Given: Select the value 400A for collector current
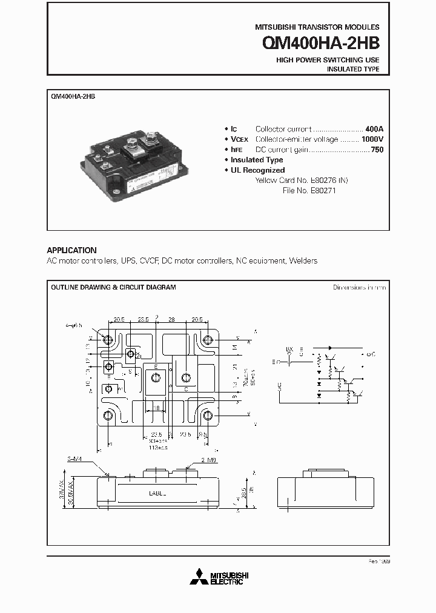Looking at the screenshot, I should (x=374, y=129).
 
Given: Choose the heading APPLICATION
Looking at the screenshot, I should (x=71, y=250).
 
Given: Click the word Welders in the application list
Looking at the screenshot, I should (x=303, y=260).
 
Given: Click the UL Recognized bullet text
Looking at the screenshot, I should (x=257, y=170).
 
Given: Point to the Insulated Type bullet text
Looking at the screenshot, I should (x=257, y=160).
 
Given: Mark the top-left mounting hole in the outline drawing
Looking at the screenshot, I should (x=108, y=340).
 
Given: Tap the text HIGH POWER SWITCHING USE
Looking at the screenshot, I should (x=328, y=60).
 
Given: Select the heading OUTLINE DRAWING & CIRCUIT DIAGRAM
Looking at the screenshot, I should (x=113, y=287).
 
